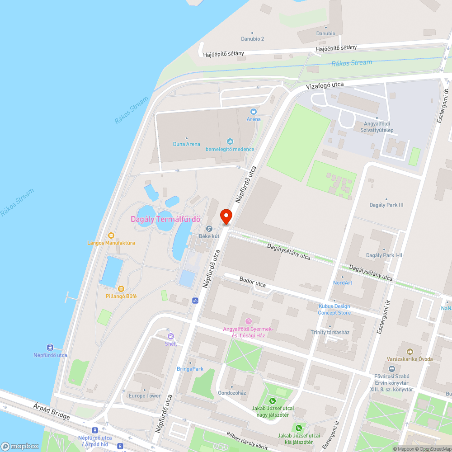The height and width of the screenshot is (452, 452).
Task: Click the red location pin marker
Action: (x=226, y=216)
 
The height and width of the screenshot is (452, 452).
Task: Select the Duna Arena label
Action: (x=187, y=144)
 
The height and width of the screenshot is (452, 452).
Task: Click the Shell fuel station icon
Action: (x=171, y=336)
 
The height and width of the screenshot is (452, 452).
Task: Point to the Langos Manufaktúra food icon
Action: (x=111, y=235)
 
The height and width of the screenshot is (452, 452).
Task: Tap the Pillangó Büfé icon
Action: (x=121, y=288)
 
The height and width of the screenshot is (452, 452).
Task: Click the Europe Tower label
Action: (x=145, y=395)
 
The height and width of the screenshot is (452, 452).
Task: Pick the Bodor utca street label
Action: (x=253, y=282)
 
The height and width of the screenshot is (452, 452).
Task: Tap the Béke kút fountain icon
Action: (x=209, y=229)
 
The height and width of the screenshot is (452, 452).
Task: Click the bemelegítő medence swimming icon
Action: (x=230, y=142)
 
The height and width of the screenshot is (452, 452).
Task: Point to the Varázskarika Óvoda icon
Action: (x=410, y=351)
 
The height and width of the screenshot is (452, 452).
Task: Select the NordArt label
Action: (x=342, y=282)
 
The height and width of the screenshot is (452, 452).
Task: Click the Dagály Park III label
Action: (x=386, y=205)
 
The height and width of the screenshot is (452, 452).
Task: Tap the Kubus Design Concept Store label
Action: (x=334, y=309)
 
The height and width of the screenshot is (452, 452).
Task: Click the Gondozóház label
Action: (x=231, y=392)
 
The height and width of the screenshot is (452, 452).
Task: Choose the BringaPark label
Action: (x=190, y=369)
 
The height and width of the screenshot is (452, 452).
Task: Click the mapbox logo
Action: (x=20, y=446)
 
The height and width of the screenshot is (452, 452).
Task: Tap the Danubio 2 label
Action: (x=252, y=39)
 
